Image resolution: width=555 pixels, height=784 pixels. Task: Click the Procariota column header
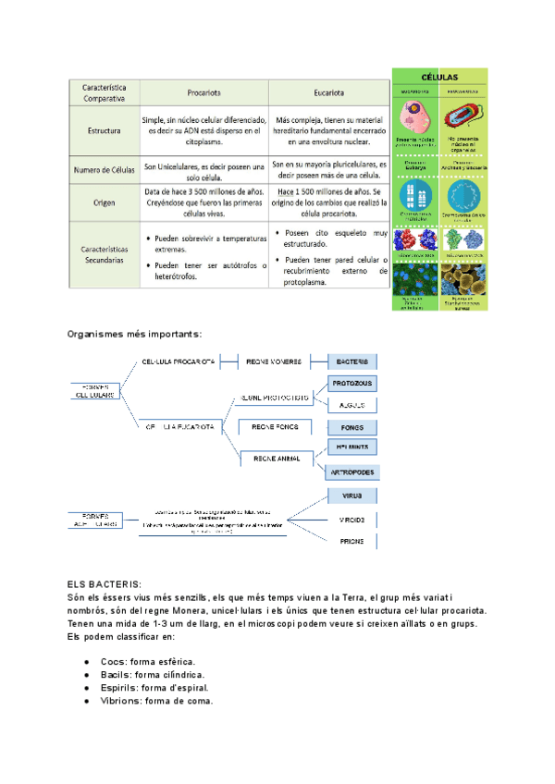203,92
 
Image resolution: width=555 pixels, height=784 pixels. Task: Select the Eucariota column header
329,92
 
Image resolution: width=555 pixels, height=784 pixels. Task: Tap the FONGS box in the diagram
351,427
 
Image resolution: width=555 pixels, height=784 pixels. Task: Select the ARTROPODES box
351,472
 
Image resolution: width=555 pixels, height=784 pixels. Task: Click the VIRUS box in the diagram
351,497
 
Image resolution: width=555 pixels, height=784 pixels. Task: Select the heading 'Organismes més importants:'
134,334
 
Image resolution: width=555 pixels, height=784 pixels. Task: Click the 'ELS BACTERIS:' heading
105,584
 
